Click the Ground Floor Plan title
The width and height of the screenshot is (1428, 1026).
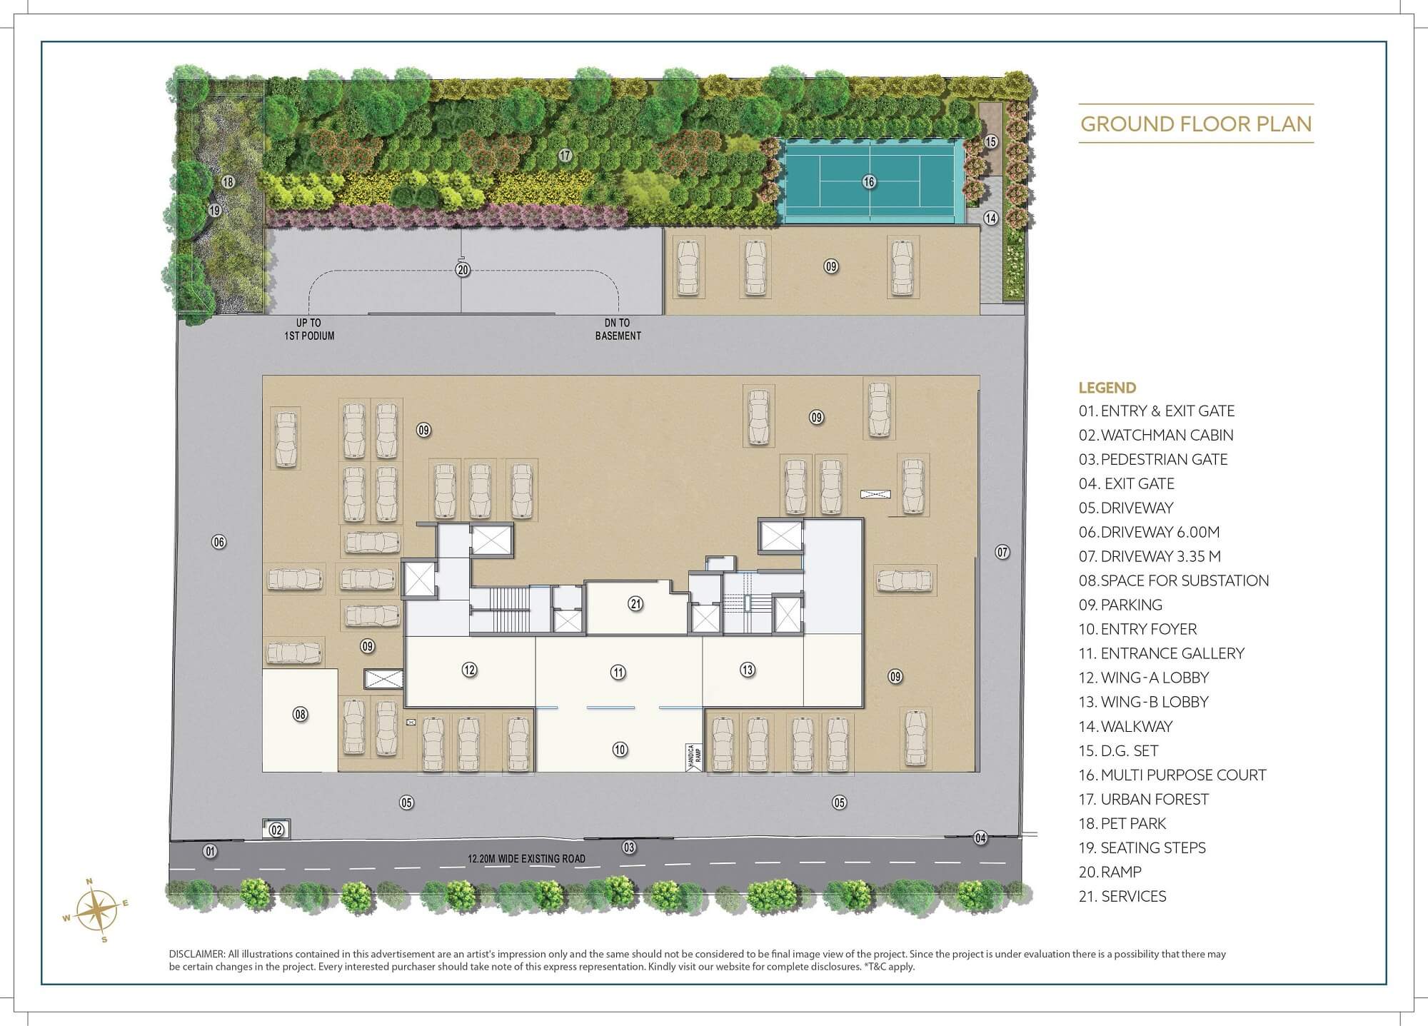click(1196, 124)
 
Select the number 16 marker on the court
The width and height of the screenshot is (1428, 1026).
click(868, 182)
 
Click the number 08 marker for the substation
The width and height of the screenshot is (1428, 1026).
click(301, 714)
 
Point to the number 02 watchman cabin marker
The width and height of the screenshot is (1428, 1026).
click(277, 830)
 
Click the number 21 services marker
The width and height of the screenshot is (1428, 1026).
click(635, 604)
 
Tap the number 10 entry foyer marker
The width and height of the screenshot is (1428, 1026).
click(620, 749)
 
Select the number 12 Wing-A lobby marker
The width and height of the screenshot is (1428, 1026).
click(469, 670)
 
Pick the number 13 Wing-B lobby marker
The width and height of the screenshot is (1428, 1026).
click(747, 670)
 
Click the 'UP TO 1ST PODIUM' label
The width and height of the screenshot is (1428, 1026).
click(309, 329)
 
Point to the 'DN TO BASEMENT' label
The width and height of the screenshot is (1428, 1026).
click(618, 329)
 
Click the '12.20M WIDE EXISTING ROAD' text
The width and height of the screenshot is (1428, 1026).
click(526, 859)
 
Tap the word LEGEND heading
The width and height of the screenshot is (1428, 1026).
click(1107, 388)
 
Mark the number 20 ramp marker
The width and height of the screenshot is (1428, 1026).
click(463, 270)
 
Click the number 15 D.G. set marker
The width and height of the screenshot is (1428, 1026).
click(990, 141)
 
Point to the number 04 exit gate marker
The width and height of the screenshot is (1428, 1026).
click(981, 838)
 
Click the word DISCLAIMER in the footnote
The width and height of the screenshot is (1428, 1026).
click(196, 954)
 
